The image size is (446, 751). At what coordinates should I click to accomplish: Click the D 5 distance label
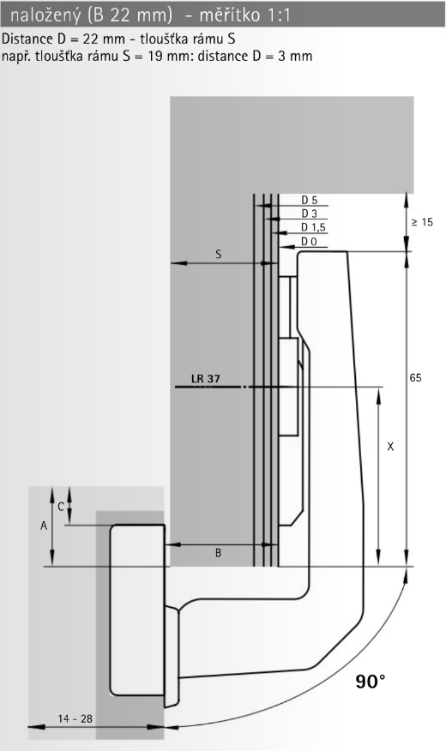309,201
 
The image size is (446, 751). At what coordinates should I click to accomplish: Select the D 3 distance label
309,213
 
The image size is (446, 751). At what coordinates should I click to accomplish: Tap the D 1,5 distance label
313,227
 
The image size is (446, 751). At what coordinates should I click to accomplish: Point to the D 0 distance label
309,242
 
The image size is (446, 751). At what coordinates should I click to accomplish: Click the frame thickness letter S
219,255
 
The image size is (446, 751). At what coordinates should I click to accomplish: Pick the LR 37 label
206,379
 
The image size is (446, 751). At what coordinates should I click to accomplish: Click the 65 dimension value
415,378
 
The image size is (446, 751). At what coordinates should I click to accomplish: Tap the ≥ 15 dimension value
422,222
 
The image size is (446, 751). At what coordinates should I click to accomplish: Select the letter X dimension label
390,447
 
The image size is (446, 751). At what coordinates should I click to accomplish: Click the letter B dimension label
219,553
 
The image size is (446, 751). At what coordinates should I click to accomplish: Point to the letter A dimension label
44,526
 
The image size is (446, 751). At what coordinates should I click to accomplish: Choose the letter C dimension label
61,507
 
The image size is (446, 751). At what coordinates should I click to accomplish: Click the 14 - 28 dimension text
75,719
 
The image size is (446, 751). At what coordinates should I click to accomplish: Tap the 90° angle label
371,681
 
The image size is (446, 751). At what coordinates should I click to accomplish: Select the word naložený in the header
45,15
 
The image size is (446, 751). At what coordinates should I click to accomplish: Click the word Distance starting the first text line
27,39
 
